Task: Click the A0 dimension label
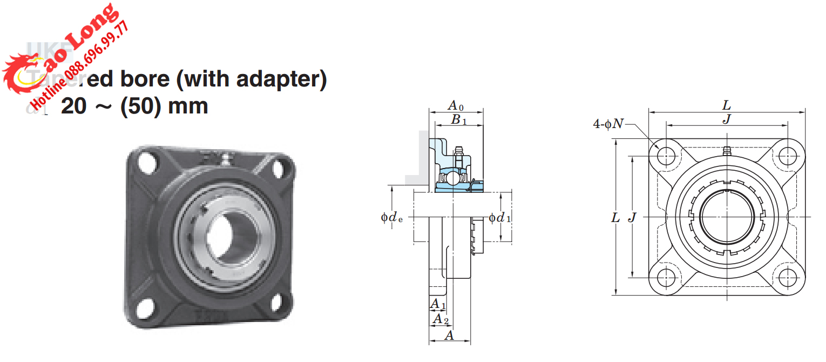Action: (456, 105)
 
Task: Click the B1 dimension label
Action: (459, 120)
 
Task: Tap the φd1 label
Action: (500, 218)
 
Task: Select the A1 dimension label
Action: (438, 305)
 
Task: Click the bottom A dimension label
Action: (449, 336)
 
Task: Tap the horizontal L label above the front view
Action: (727, 105)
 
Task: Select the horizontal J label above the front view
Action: (727, 119)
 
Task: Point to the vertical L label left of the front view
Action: (615, 218)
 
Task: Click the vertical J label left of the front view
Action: (633, 218)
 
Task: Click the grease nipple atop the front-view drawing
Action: (727, 150)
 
